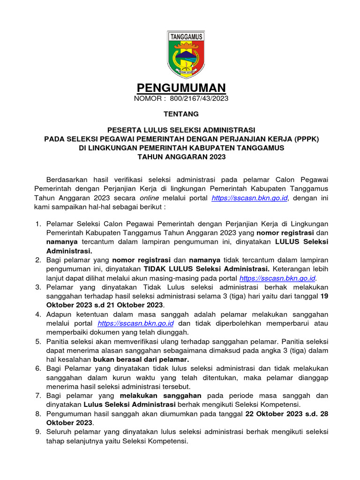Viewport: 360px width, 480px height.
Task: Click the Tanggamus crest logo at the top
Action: point(180,55)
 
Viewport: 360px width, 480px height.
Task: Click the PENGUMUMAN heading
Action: point(181,88)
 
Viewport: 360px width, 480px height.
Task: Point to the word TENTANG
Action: point(181,114)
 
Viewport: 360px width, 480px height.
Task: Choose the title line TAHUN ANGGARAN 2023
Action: point(181,157)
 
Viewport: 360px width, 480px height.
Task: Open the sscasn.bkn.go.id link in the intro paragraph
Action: point(249,198)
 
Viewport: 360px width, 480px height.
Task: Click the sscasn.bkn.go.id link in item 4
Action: point(136,323)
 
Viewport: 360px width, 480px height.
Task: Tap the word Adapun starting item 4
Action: point(60,314)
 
